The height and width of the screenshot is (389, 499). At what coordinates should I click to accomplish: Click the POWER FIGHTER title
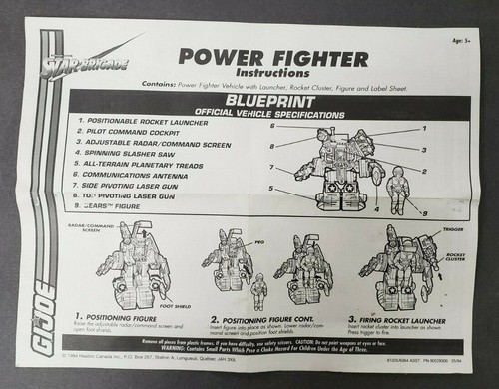(x=273, y=58)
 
